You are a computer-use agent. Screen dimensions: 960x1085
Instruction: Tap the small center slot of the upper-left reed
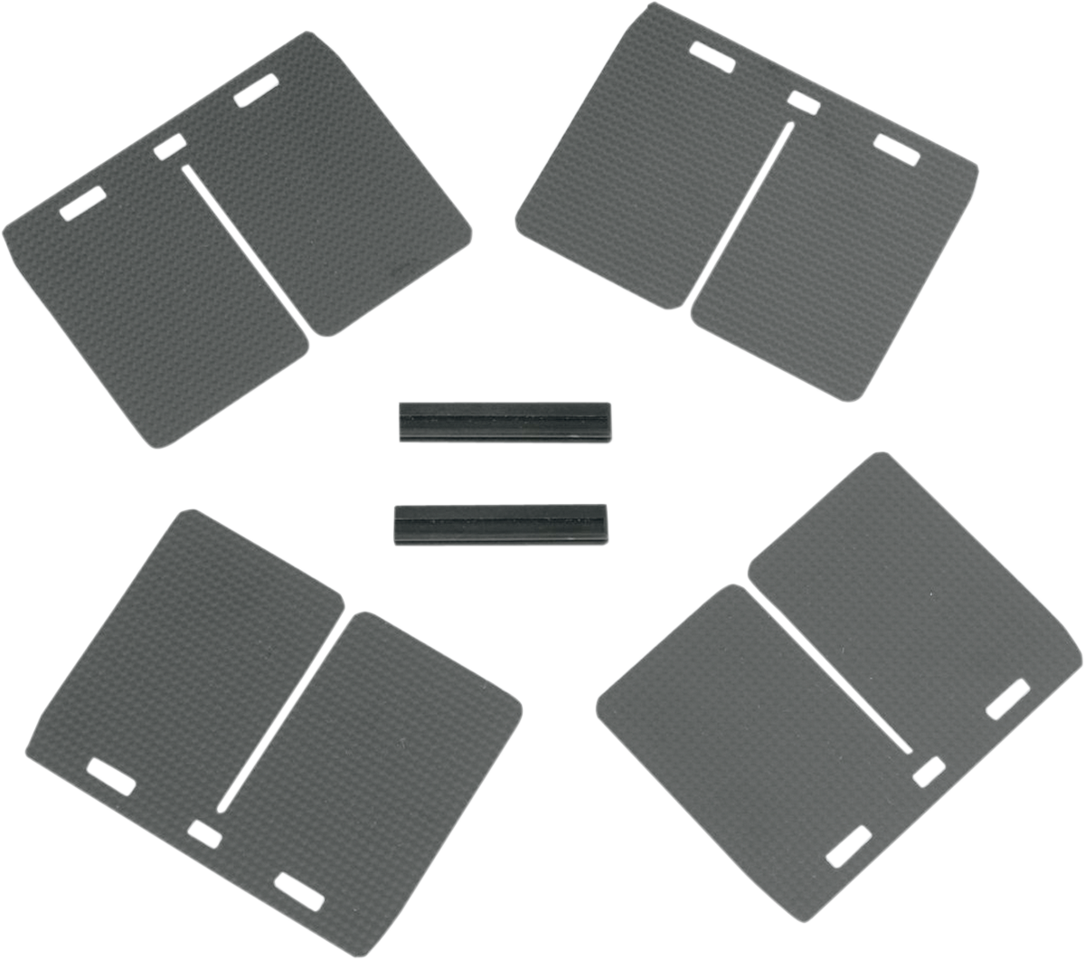coord(170,147)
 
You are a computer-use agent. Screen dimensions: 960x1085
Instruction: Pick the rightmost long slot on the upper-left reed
coord(255,94)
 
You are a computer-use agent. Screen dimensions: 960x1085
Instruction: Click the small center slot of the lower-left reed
coord(203,832)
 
